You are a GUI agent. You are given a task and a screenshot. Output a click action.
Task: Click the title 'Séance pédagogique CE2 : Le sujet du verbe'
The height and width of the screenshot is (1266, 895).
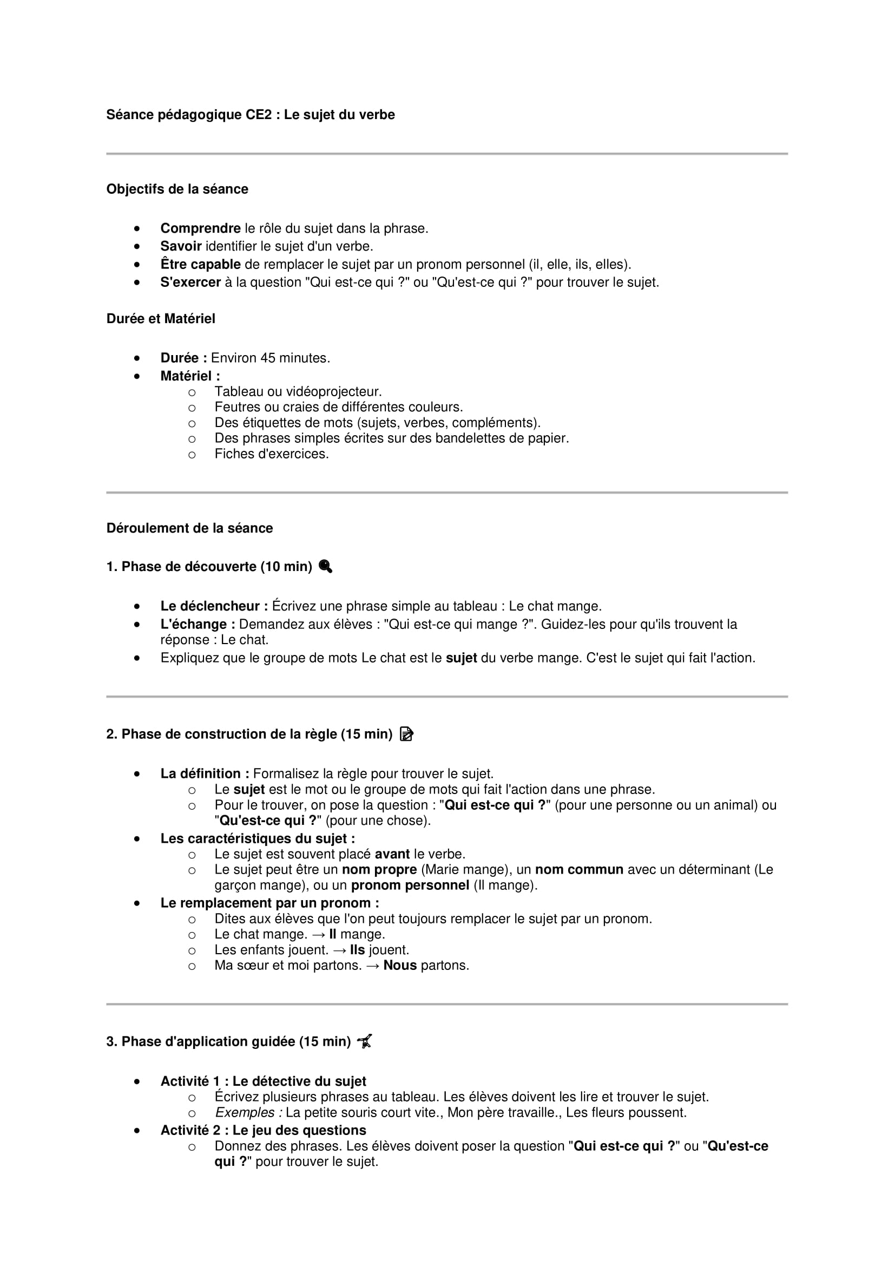[250, 115]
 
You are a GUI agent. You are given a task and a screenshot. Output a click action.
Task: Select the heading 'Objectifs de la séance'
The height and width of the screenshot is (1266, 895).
[177, 189]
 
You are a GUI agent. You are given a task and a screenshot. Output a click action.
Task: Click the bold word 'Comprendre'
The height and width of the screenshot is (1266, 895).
[200, 228]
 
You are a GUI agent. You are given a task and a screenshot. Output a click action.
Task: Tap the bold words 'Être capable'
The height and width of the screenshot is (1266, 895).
[200, 265]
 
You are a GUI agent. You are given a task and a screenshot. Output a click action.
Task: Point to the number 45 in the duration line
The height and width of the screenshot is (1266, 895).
[267, 358]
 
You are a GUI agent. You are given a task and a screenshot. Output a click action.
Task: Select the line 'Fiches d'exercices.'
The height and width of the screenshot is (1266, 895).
[271, 454]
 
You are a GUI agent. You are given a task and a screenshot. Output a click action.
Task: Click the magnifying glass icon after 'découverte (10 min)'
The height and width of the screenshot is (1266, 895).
[326, 566]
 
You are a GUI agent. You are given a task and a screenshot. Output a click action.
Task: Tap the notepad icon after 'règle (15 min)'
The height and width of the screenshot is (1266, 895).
[406, 734]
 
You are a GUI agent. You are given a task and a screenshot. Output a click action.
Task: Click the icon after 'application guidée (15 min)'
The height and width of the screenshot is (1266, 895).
[365, 1041]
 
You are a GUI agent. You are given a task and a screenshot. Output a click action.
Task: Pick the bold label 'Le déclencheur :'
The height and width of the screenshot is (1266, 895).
[214, 607]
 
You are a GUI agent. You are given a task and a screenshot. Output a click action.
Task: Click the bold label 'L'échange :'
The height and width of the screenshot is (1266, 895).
[198, 625]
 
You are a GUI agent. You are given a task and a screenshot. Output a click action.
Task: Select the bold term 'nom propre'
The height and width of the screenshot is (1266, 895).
[379, 870]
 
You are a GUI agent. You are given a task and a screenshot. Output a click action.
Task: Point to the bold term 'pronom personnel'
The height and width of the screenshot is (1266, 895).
[410, 885]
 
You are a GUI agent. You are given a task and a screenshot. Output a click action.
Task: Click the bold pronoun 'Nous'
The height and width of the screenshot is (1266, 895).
[399, 966]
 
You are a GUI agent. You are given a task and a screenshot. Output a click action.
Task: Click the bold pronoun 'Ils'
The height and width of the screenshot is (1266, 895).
[357, 950]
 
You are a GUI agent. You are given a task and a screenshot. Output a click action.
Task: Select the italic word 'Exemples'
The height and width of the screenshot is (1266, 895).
[245, 1113]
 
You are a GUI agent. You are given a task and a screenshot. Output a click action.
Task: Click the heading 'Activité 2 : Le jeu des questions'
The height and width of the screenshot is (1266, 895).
[263, 1130]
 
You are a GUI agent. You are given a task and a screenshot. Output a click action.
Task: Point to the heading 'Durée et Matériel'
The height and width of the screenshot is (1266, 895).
[160, 319]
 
